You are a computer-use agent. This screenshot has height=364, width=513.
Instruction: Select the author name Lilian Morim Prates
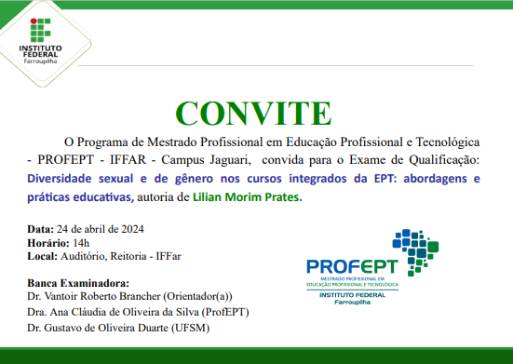pyautogui.click(x=248, y=196)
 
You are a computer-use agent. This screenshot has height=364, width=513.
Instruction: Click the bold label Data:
pyautogui.click(x=40, y=228)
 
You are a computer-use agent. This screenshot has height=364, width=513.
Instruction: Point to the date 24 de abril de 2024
pyautogui.click(x=99, y=228)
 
